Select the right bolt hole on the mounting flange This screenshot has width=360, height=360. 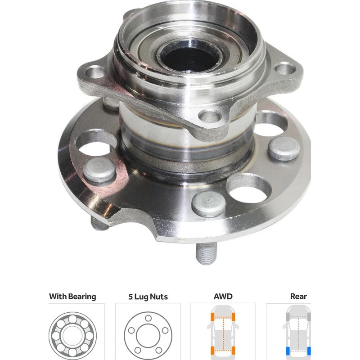click(284, 69)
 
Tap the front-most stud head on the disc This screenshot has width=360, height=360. click(208, 203)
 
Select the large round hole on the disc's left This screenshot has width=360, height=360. click(96, 143)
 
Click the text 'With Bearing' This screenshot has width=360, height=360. click(72, 297)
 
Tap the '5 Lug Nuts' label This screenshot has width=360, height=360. click(148, 297)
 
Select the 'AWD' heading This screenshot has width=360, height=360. click(223, 297)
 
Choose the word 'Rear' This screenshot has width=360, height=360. click(298, 297)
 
